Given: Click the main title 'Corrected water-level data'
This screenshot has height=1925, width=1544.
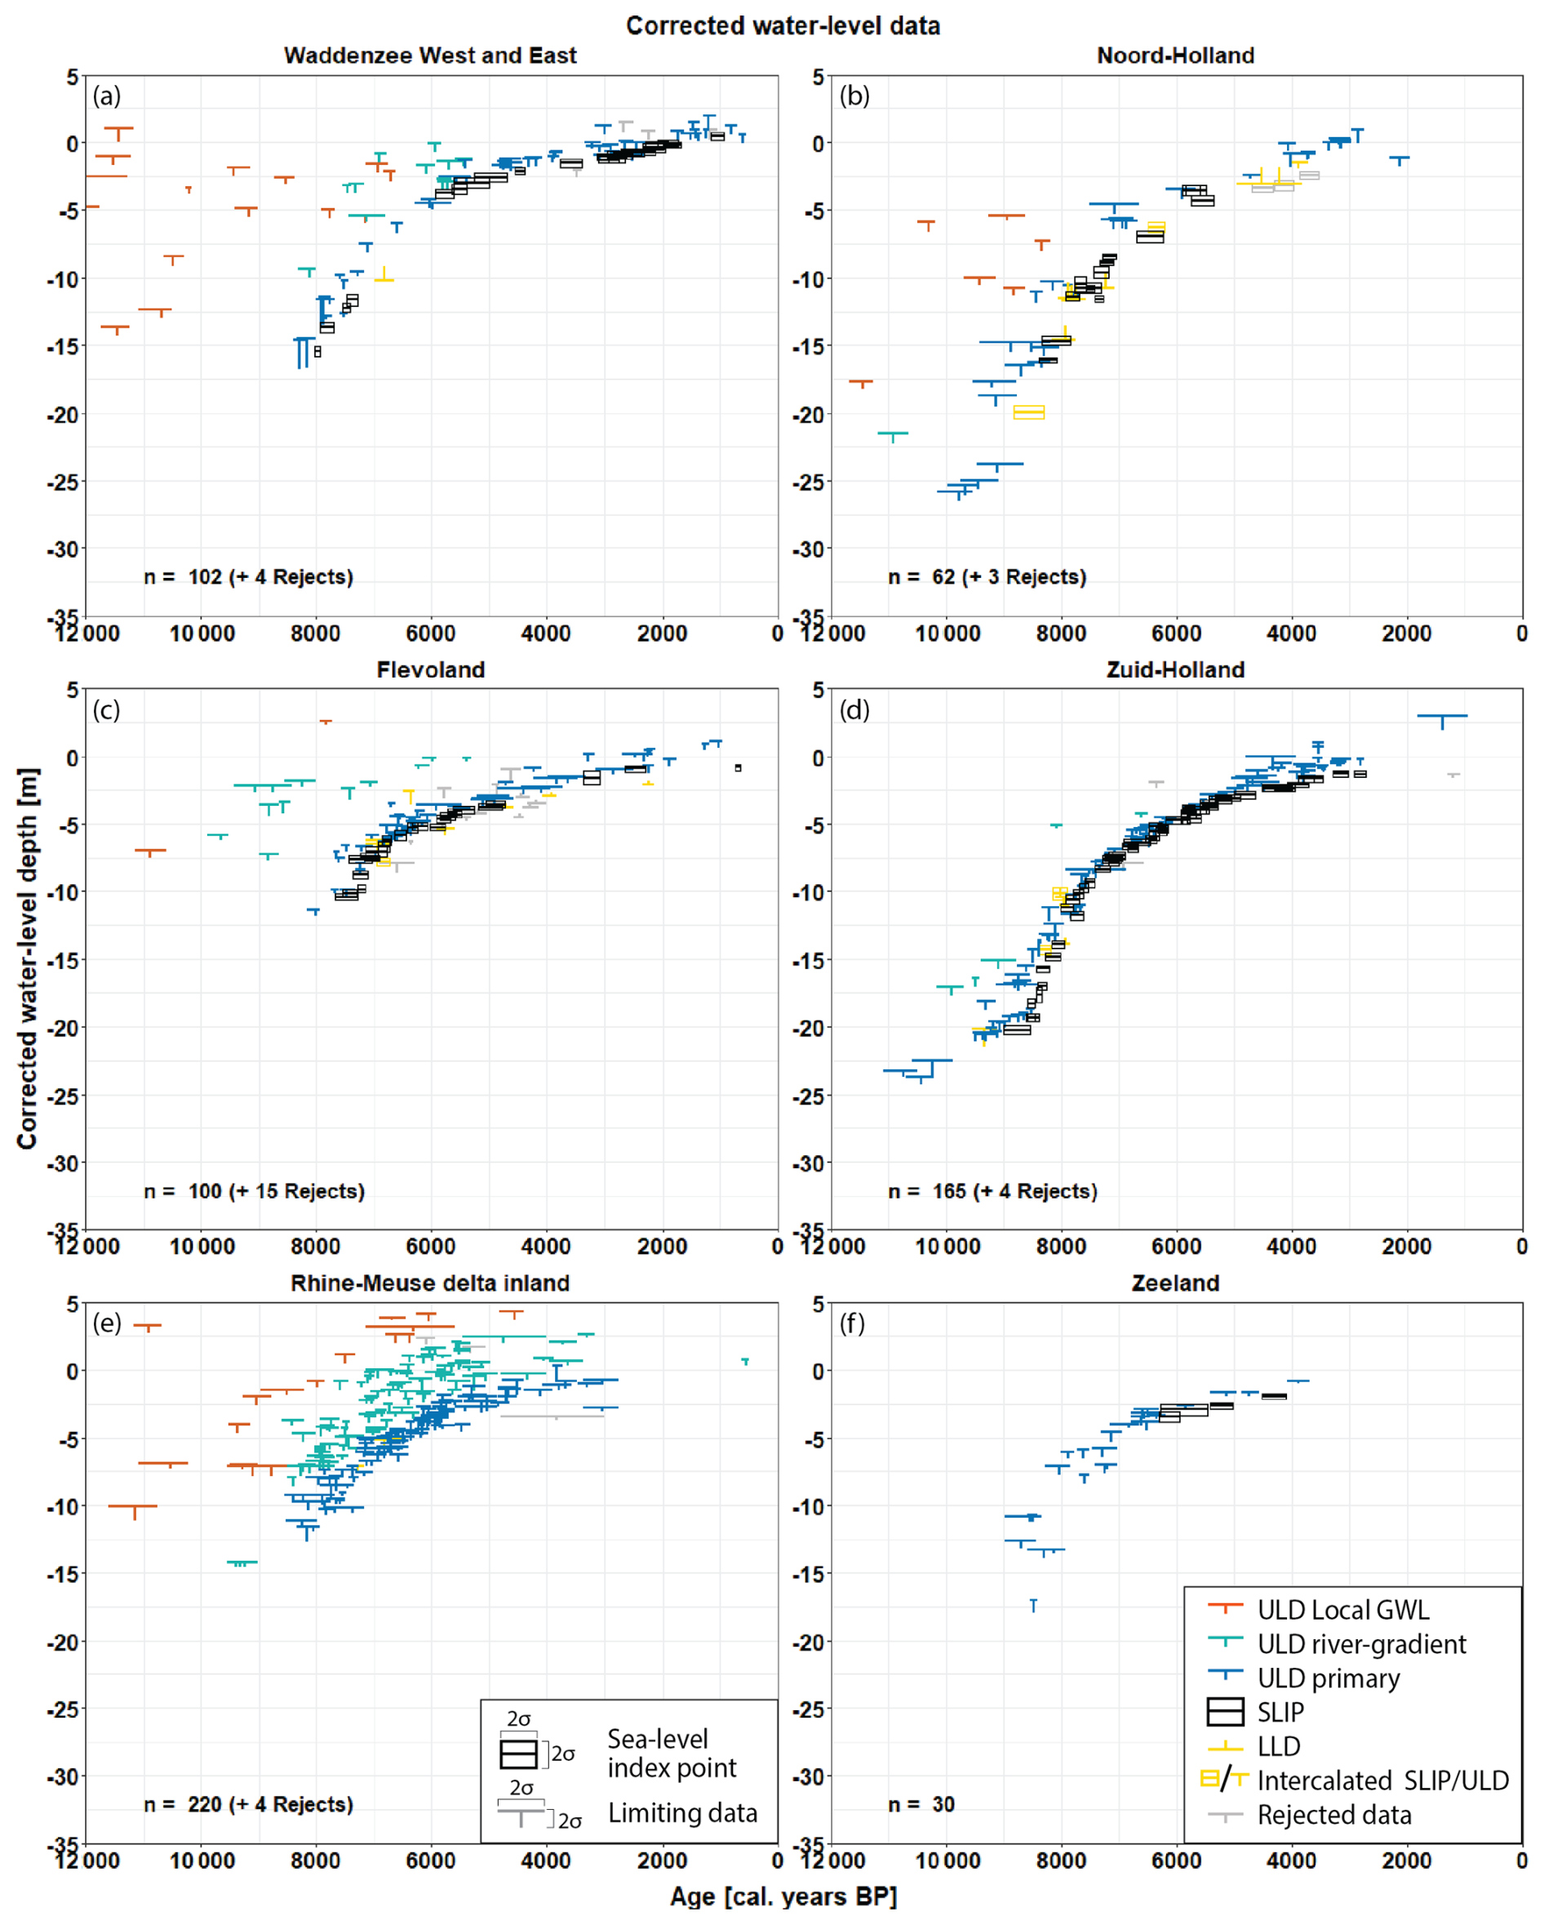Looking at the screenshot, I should tap(783, 26).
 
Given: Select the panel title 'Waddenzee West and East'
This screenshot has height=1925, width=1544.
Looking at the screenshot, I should tap(430, 56).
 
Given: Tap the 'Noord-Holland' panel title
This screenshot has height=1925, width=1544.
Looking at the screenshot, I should tap(1175, 56).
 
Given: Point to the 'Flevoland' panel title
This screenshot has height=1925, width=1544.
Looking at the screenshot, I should tap(430, 669).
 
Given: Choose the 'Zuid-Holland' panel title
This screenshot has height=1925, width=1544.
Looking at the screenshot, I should tap(1175, 669).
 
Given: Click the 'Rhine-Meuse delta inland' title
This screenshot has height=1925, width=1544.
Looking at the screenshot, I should tap(430, 1283).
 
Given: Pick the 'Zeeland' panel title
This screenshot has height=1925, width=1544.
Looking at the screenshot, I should tap(1175, 1283).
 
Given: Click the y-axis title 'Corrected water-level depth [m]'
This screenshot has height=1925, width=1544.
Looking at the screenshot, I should tap(27, 958).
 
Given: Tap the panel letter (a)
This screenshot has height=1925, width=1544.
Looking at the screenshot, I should tap(106, 96).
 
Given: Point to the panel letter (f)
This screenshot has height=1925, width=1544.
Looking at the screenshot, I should tap(852, 1323).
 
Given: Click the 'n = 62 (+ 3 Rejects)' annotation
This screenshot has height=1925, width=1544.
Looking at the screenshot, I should tap(987, 577).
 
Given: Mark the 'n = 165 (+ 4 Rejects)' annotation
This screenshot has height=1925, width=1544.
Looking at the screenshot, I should tap(992, 1191).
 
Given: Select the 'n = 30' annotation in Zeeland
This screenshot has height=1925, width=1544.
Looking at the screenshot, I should tap(921, 1804).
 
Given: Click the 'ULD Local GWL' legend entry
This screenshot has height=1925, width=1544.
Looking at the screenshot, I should tap(1342, 1610).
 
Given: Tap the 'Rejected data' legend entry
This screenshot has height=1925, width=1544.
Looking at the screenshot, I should tap(1334, 1814).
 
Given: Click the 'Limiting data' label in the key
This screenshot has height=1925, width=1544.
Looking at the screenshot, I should tap(683, 1812).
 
